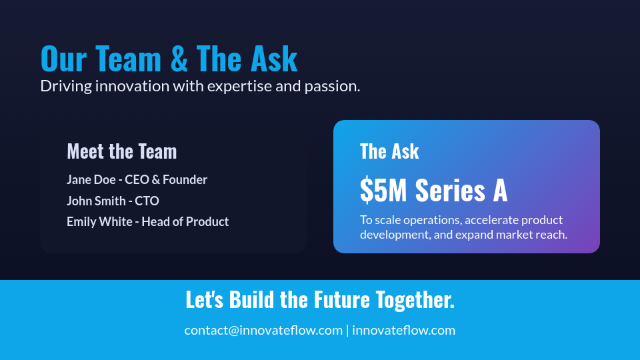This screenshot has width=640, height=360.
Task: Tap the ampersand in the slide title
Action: pos(179,59)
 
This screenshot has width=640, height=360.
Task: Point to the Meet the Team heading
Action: pos(122,151)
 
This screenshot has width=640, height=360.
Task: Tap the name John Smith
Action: pos(96,201)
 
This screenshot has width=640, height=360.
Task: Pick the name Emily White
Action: pos(99,221)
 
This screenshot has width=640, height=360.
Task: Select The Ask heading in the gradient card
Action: pos(389,151)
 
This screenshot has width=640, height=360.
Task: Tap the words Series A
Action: pos(461,191)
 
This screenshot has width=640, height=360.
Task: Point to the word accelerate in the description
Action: pos(491,220)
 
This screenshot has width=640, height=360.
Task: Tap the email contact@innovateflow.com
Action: pos(263,330)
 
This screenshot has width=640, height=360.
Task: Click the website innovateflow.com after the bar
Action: pos(403,330)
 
